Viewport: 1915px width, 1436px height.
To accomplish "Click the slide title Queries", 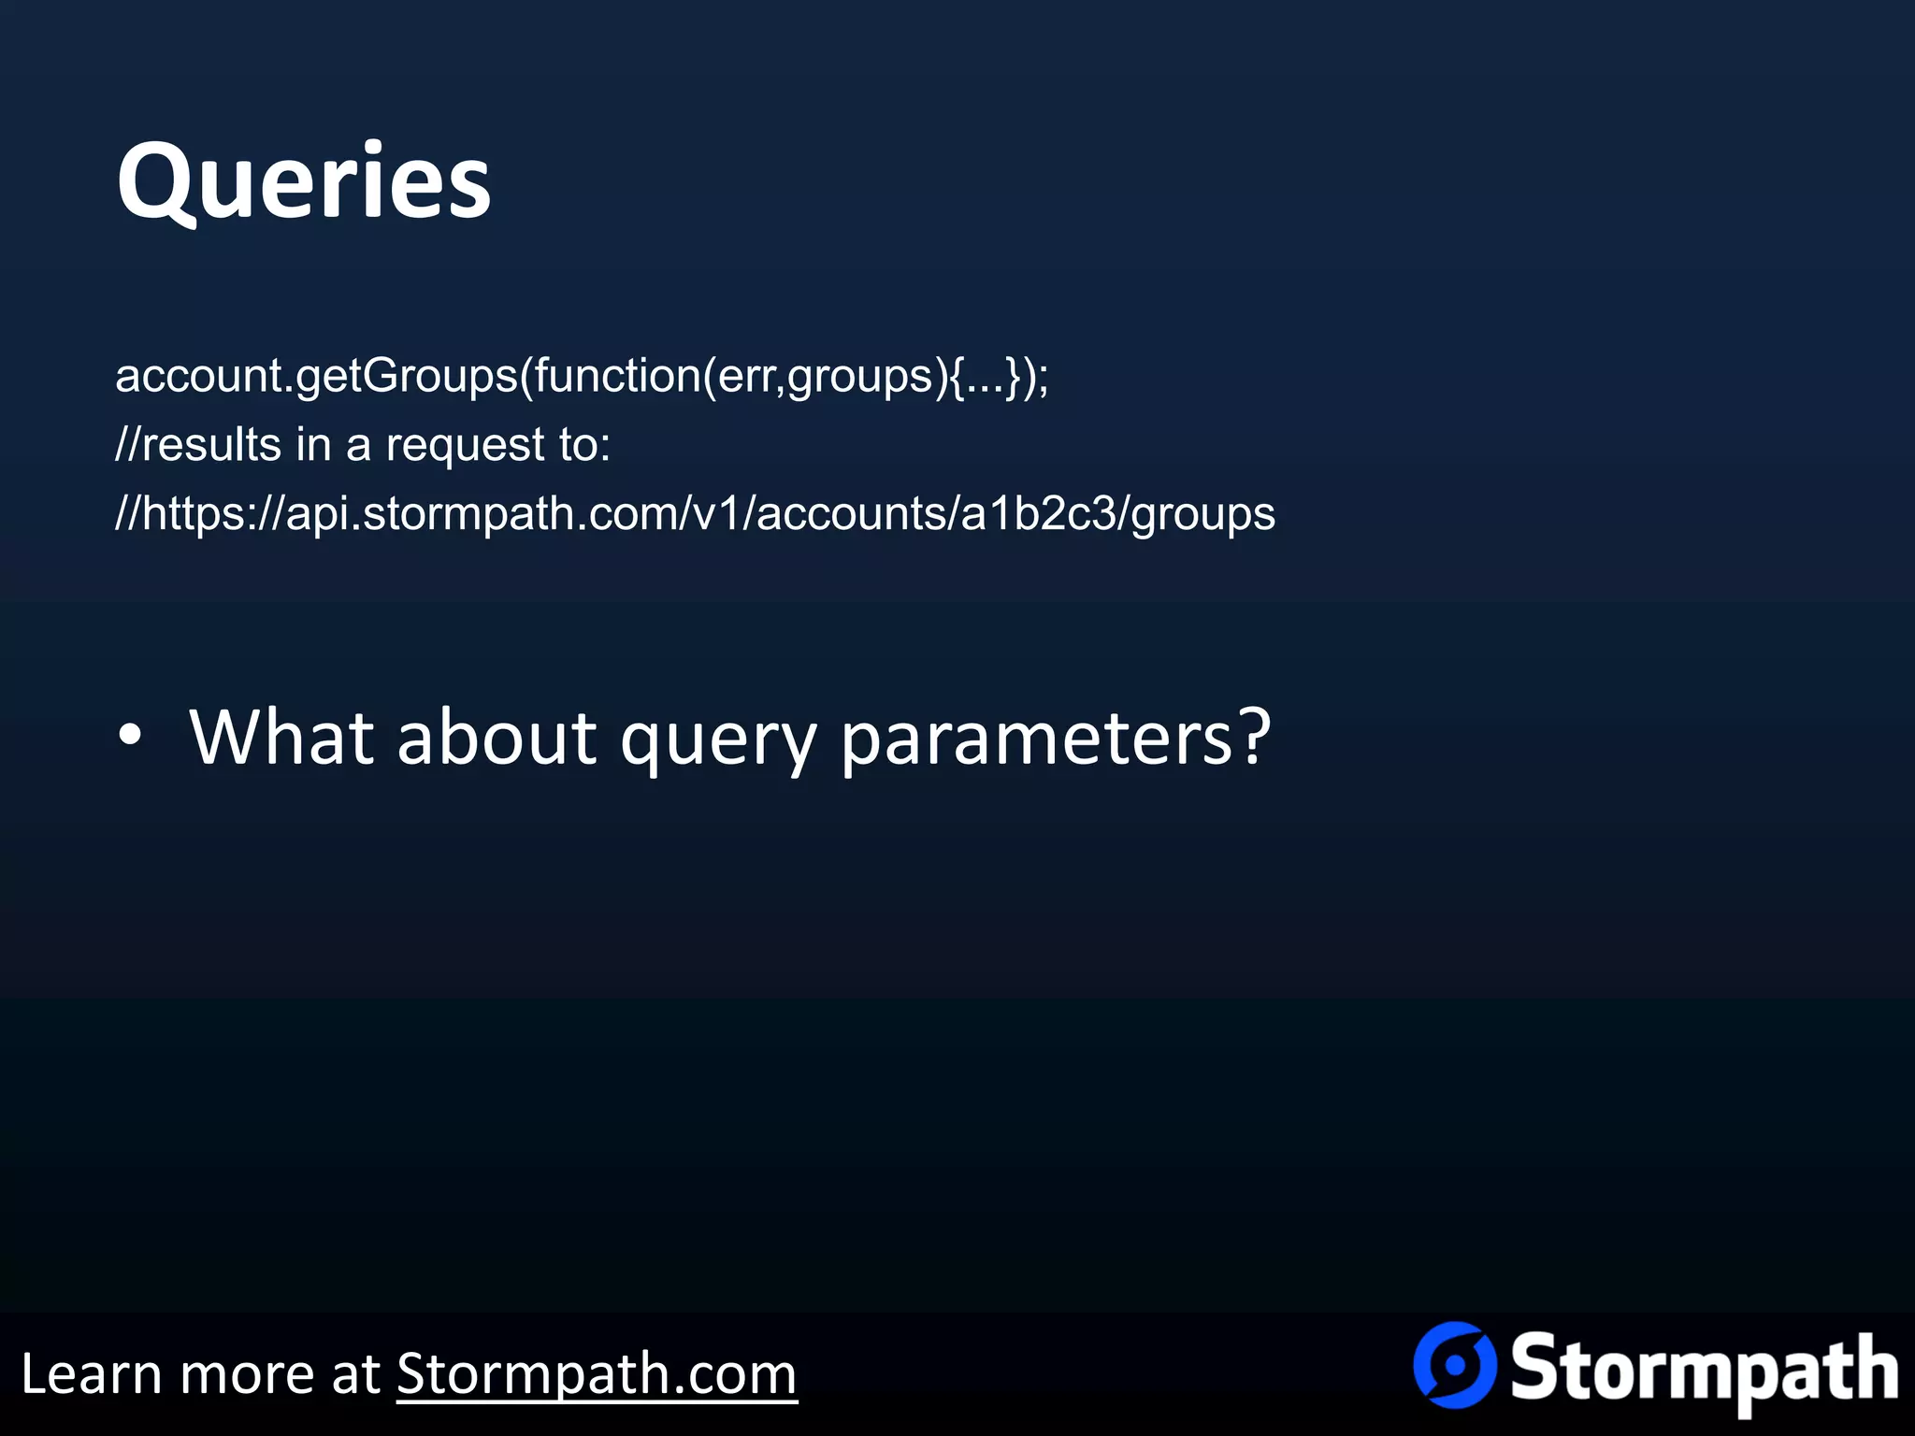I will point(303,180).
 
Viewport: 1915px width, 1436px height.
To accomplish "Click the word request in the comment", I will point(465,446).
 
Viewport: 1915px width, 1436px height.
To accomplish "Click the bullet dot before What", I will point(130,736).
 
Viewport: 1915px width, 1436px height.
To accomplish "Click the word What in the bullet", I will point(281,738).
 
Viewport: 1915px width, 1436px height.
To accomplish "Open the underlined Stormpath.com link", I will point(597,1375).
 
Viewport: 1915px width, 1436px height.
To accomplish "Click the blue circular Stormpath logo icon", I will point(1454,1365).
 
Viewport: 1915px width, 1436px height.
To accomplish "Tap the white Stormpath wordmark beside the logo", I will point(1704,1371).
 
